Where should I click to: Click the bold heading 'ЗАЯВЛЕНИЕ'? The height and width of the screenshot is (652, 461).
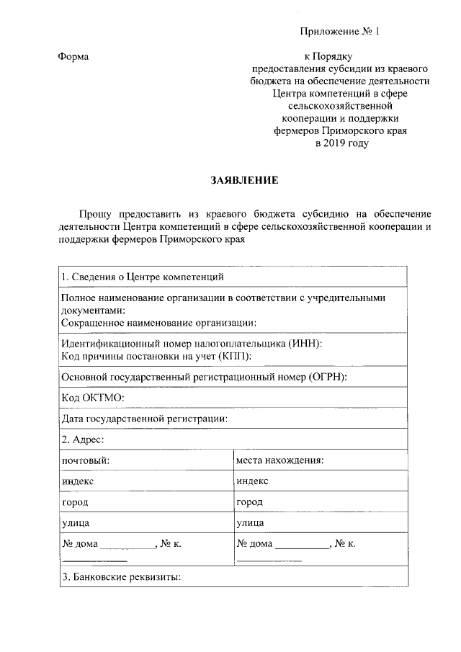point(243,180)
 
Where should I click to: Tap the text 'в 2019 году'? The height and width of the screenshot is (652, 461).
point(341,143)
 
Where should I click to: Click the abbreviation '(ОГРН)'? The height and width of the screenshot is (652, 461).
point(326,377)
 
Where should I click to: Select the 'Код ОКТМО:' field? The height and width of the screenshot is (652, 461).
point(93,398)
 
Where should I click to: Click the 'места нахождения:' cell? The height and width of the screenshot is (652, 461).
point(279,460)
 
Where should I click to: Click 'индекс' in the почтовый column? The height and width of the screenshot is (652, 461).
point(78,481)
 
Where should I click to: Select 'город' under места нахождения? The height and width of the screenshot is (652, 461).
point(249,501)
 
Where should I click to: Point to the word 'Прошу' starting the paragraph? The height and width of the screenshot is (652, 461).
point(94,214)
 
